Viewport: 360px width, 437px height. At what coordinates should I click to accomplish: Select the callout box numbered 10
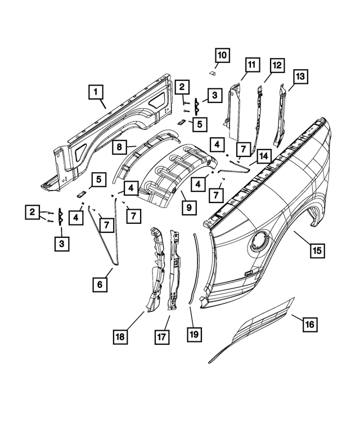coord(222,55)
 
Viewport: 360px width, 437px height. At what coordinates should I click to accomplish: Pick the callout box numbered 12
coord(276,65)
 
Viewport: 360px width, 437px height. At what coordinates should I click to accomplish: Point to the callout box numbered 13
coord(300,75)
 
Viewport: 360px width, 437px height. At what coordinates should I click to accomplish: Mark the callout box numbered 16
coord(309,325)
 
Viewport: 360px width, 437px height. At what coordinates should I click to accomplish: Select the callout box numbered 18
coord(120,337)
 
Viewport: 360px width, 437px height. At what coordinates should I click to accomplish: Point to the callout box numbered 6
coord(100,285)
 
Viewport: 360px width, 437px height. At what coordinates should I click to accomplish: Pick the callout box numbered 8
coord(120,147)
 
